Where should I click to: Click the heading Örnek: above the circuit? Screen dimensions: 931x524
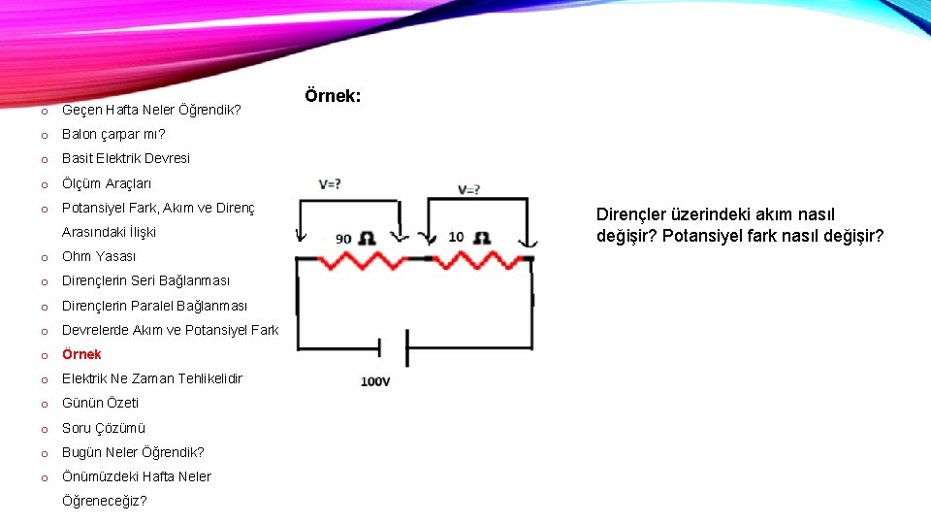(333, 96)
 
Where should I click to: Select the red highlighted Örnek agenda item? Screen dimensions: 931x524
(81, 354)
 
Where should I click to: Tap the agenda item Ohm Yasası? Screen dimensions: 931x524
(99, 256)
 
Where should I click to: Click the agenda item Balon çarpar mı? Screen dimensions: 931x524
(113, 134)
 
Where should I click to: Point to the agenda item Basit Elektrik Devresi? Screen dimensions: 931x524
(126, 158)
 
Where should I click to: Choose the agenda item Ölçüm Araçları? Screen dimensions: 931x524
(107, 183)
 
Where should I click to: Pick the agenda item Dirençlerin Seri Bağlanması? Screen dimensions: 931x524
(146, 281)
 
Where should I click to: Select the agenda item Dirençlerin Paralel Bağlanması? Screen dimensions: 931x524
(154, 306)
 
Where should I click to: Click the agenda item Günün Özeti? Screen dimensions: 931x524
(101, 403)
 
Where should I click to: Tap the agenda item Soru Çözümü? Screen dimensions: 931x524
(104, 428)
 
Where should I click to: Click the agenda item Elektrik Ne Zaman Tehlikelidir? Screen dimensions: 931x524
(152, 378)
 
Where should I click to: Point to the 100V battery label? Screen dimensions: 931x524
(375, 381)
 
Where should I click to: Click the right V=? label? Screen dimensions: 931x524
(470, 189)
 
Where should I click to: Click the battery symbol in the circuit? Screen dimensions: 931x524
(393, 347)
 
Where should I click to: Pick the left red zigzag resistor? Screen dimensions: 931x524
(365, 259)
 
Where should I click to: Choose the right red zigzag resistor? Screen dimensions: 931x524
(475, 259)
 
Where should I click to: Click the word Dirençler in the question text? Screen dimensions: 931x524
(631, 214)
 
